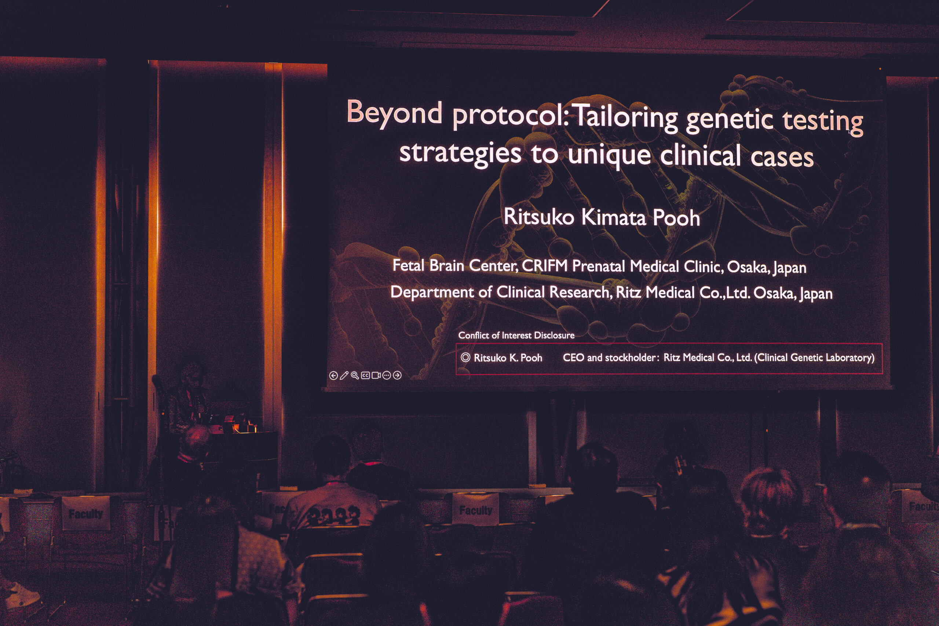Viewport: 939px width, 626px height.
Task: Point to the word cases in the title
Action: pos(782,157)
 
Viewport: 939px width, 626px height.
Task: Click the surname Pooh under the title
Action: pos(676,218)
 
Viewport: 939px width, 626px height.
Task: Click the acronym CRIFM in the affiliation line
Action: pos(545,266)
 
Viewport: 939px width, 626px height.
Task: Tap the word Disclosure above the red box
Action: pos(554,335)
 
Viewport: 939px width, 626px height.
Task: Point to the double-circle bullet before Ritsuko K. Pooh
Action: pos(465,357)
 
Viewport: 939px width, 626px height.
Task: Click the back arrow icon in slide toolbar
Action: pos(333,376)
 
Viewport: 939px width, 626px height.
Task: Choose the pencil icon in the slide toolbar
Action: pos(344,376)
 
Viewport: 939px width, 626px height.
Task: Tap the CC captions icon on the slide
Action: pos(365,375)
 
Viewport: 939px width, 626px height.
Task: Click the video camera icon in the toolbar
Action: pos(376,375)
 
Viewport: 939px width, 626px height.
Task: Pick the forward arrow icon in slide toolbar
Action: pos(397,375)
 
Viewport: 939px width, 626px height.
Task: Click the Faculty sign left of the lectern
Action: pos(85,513)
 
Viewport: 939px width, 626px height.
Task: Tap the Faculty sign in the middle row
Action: pos(475,510)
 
